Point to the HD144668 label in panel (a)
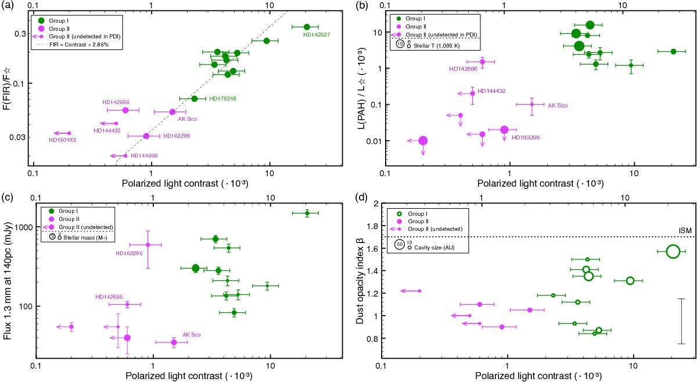144,155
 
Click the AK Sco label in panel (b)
558,105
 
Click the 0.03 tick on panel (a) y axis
22,137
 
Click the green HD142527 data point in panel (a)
307,27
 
